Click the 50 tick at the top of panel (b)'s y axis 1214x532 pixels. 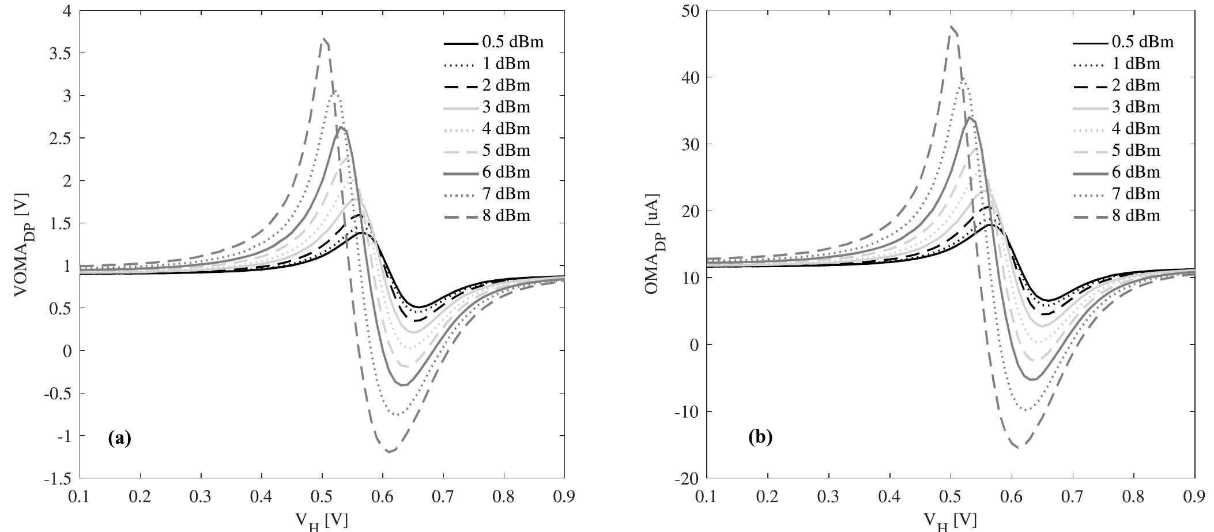pyautogui.click(x=689, y=10)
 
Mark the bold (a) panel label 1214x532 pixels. pyautogui.click(x=120, y=439)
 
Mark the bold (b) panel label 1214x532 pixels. pyautogui.click(x=760, y=437)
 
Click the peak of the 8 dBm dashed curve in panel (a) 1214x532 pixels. pyautogui.click(x=325, y=39)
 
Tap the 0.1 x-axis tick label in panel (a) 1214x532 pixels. pyautogui.click(x=80, y=497)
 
